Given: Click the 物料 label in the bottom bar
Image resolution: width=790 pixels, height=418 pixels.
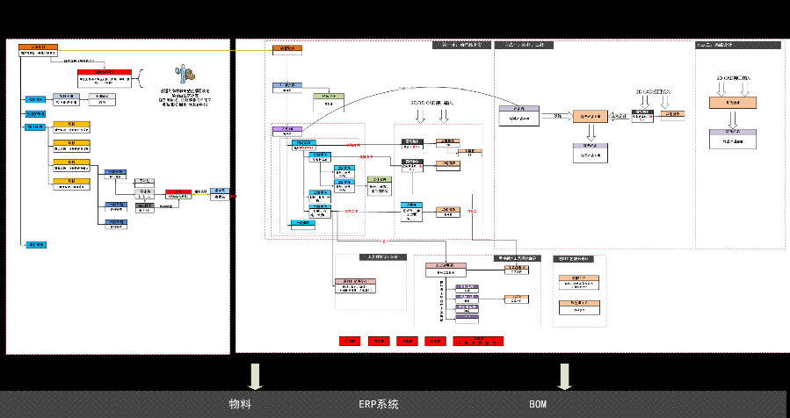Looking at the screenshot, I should tap(240, 405).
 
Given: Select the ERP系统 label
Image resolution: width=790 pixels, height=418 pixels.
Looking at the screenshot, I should tap(378, 405).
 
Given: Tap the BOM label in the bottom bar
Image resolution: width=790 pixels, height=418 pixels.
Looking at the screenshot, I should tap(538, 405).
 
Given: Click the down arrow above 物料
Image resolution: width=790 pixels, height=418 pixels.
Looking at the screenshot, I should tap(256, 375).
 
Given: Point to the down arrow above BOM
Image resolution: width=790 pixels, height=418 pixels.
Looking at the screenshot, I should tap(564, 375).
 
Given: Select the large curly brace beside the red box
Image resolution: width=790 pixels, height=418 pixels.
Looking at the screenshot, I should tap(139, 80).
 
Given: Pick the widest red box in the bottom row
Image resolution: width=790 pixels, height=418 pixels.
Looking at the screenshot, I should tap(476, 340).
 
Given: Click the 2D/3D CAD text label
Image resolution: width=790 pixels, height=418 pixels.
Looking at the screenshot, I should tap(431, 102).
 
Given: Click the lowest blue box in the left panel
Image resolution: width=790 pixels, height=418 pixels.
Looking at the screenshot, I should tap(36, 244).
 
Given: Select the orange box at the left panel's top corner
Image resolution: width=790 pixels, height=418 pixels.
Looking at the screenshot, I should tap(39, 47).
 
